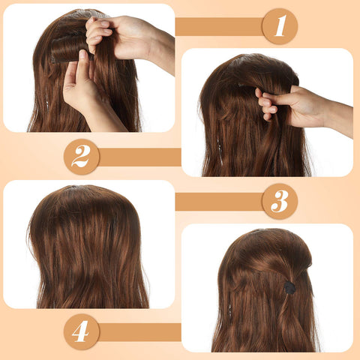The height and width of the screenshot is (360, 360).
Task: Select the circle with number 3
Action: coord(280,201)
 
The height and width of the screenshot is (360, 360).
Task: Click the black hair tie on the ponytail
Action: coord(289,286)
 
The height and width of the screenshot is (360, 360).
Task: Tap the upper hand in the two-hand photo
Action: coord(120,34)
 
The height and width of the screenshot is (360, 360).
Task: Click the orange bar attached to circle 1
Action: coord(218,27)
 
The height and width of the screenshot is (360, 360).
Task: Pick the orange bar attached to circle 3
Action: coord(218,201)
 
